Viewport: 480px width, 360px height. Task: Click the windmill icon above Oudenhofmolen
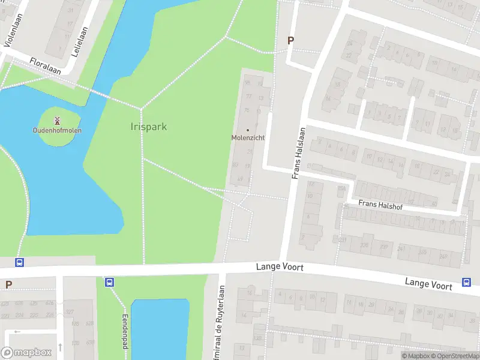coord(58,121)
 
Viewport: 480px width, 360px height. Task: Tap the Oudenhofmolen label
coord(58,130)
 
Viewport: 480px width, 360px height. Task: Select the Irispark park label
coord(148,127)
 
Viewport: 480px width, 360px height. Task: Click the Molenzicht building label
coord(248,137)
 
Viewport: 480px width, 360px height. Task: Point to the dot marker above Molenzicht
coord(248,130)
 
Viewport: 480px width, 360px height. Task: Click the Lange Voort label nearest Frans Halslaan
coord(280,266)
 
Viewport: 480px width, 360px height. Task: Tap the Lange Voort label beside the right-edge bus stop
coord(428,283)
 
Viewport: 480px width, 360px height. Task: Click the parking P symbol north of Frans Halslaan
coord(291,41)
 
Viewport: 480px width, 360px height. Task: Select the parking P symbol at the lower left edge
coord(8,284)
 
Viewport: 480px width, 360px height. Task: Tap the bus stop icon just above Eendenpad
coord(109,282)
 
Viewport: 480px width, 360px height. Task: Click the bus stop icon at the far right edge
coord(466,283)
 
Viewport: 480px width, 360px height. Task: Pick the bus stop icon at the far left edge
coord(19,262)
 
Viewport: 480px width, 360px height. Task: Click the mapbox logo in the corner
coord(26,352)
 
